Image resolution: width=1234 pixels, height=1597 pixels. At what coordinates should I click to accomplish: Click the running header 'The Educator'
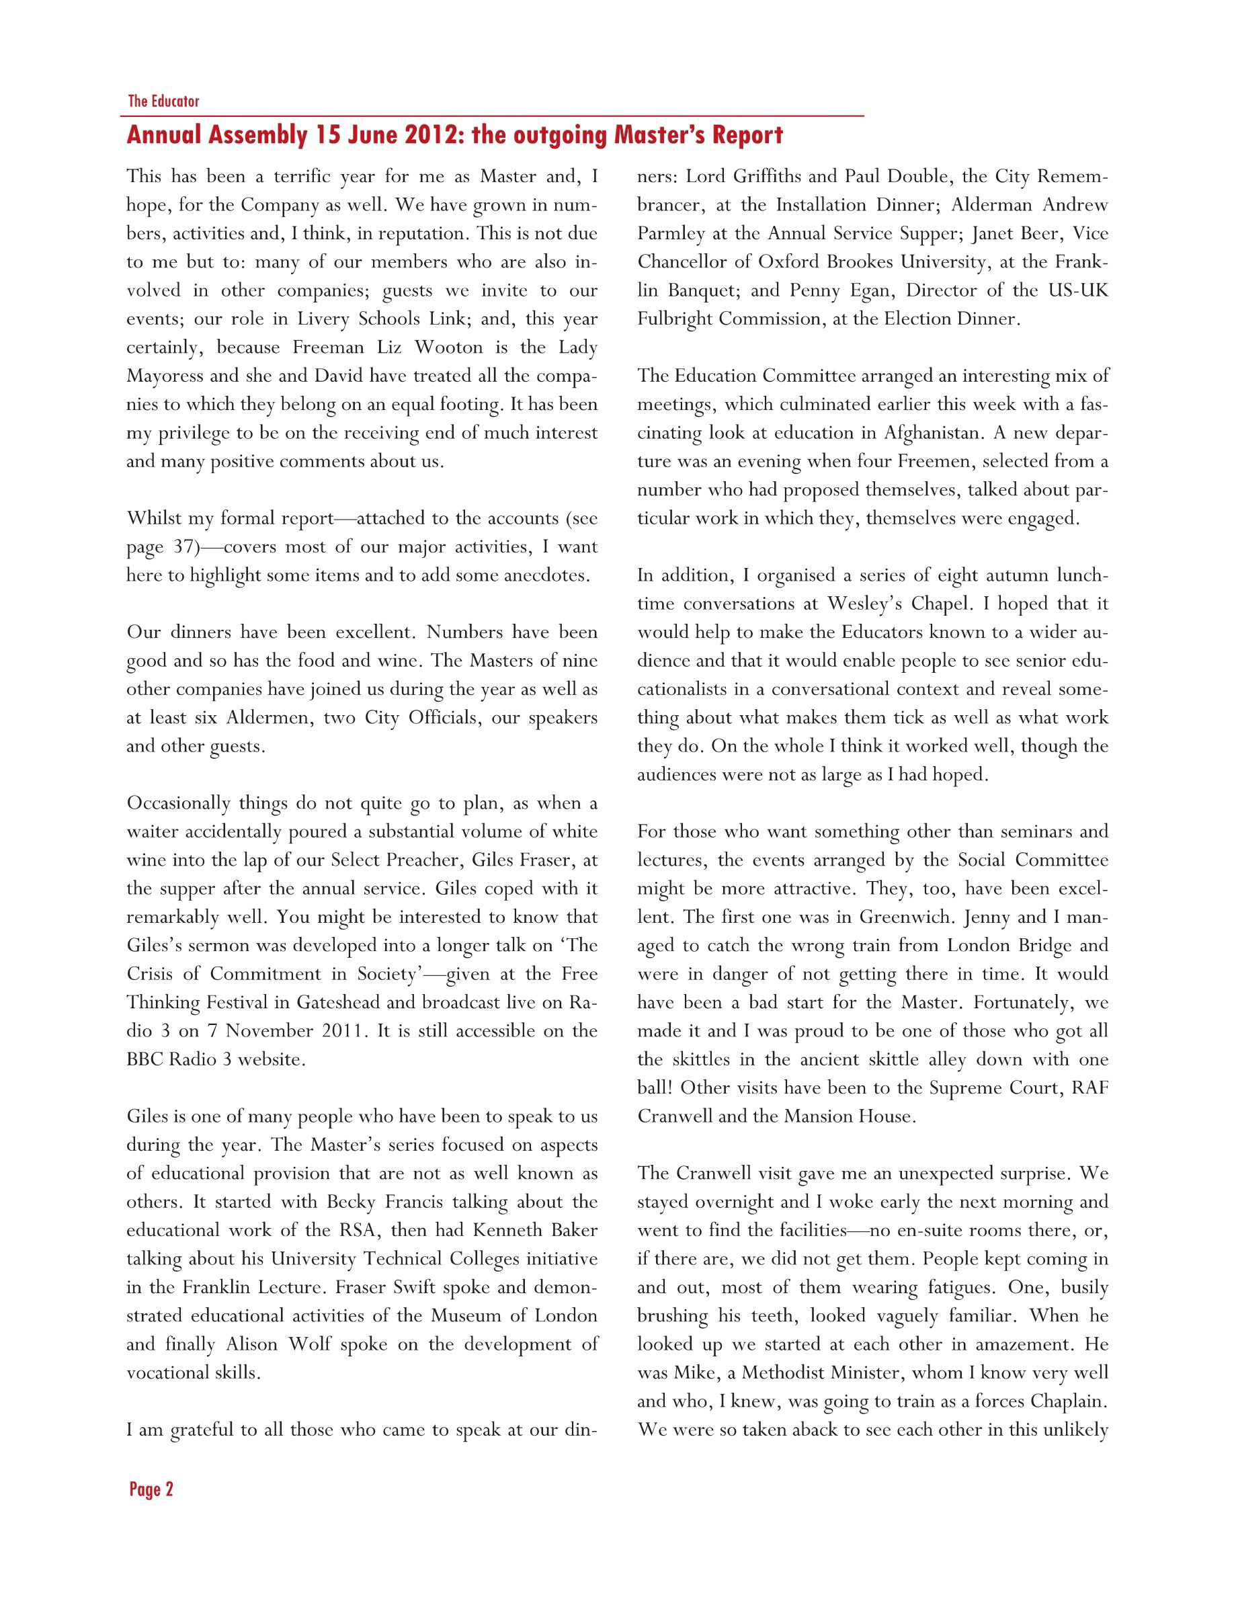point(163,101)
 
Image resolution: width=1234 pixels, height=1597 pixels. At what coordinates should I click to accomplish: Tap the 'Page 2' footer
point(151,1489)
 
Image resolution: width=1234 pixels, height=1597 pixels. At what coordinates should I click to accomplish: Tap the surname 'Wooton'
point(448,347)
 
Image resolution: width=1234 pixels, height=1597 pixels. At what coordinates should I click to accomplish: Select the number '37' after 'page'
point(183,547)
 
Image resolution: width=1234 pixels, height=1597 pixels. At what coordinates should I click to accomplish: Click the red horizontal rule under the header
point(492,116)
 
